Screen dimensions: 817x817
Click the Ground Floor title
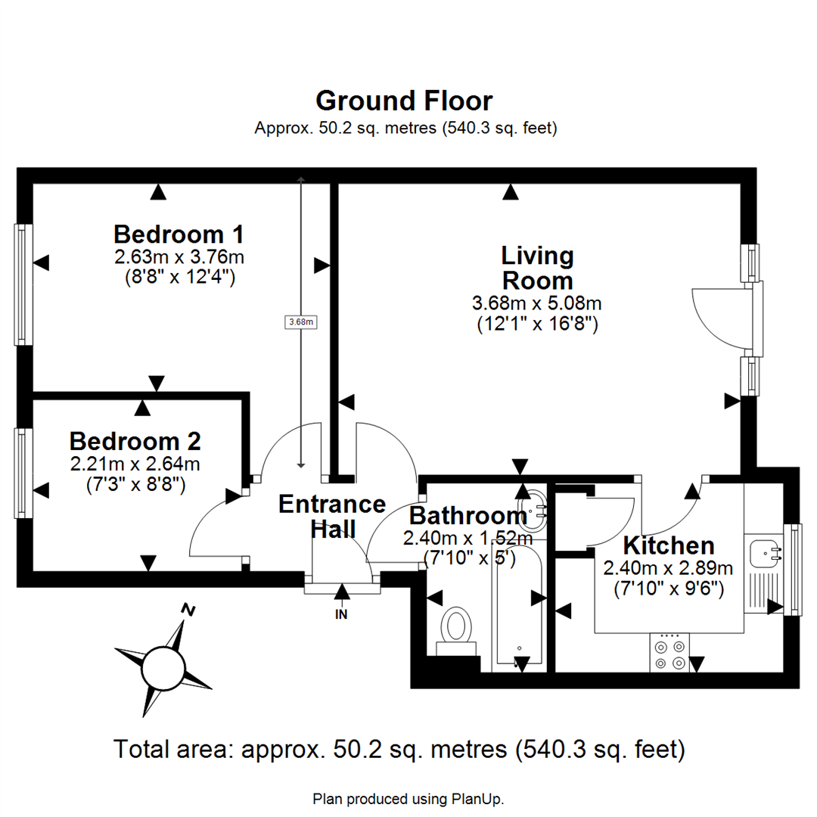(404, 101)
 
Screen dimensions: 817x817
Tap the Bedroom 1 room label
(179, 232)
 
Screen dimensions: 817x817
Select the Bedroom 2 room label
(135, 440)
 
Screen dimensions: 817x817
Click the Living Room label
(538, 268)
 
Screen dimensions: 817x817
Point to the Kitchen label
(668, 545)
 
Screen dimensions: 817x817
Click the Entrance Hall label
(332, 516)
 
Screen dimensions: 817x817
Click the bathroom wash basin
(536, 511)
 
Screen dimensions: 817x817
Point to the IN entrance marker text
(341, 615)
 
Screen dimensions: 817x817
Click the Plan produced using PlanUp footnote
(408, 798)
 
